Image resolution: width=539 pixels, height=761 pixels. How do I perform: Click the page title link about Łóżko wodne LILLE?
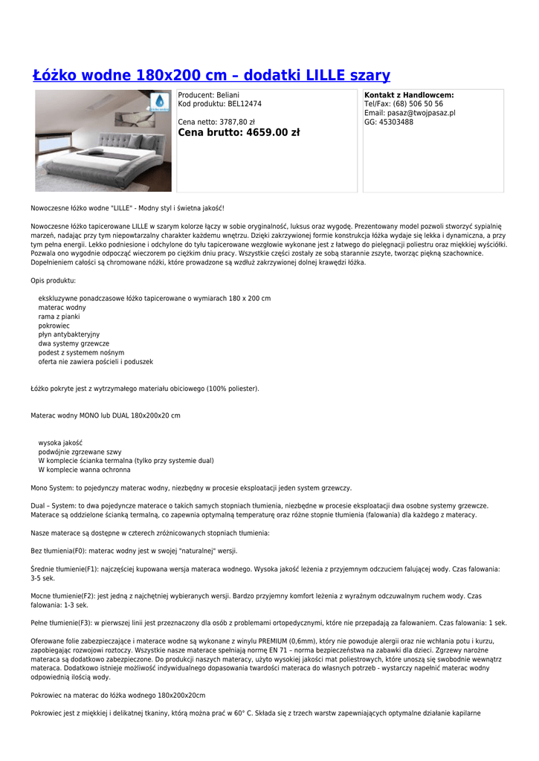[211, 75]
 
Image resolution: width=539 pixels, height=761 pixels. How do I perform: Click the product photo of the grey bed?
[103, 141]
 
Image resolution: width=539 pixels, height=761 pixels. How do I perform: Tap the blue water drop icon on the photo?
[160, 103]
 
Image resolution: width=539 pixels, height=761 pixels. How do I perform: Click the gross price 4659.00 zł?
[272, 133]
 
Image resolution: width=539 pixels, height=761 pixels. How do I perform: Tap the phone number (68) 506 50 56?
[418, 104]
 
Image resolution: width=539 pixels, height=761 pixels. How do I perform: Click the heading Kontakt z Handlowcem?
[409, 95]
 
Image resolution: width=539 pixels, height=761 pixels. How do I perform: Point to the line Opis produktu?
[53, 281]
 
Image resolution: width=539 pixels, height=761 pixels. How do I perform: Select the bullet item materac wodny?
[62, 307]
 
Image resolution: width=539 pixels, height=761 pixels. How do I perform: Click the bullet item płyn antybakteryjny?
[68, 334]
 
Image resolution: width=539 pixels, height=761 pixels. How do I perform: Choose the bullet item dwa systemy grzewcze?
[74, 343]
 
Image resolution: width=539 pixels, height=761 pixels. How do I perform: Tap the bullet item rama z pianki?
[59, 316]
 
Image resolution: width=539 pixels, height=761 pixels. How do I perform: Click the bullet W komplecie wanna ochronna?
[84, 470]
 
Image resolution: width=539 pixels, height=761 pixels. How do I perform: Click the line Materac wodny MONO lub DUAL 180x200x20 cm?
[105, 415]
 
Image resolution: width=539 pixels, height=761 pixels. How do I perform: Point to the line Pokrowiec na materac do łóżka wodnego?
[117, 696]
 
